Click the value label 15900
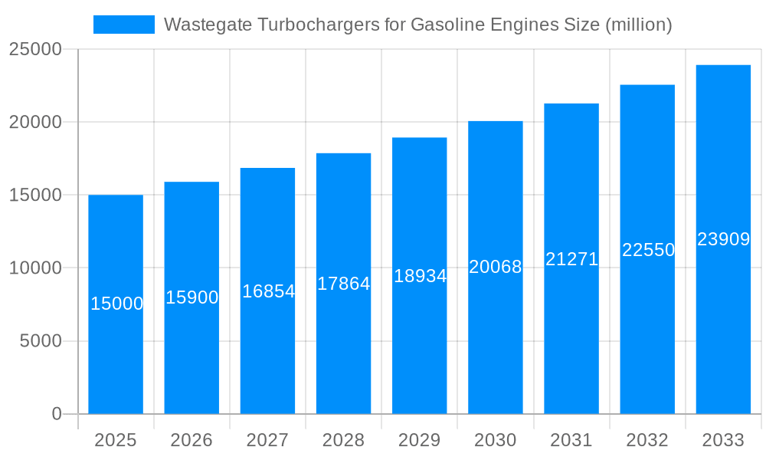pyautogui.click(x=191, y=297)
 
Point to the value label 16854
pyautogui.click(x=268, y=291)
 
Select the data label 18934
pyautogui.click(x=420, y=276)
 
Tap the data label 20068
pyautogui.click(x=496, y=267)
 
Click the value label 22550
pyautogui.click(x=648, y=250)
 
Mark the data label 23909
pyautogui.click(x=723, y=239)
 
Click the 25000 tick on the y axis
pyautogui.click(x=35, y=49)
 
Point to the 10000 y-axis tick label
pyautogui.click(x=35, y=268)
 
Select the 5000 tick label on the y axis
pyautogui.click(x=40, y=341)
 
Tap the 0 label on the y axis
pyautogui.click(x=56, y=414)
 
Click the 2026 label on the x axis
pyautogui.click(x=191, y=440)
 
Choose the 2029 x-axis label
pyautogui.click(x=420, y=440)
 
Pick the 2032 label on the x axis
pyautogui.click(x=647, y=440)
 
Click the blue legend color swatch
pyautogui.click(x=123, y=25)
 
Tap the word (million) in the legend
pyautogui.click(x=638, y=25)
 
